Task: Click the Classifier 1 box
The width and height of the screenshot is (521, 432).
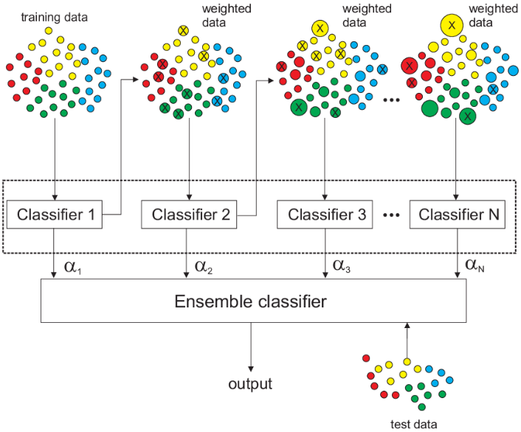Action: pyautogui.click(x=55, y=215)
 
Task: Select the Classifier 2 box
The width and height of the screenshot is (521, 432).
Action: pyautogui.click(x=189, y=215)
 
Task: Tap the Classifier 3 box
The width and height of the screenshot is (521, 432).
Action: pyautogui.click(x=325, y=215)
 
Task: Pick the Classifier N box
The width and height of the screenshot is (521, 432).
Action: pyautogui.click(x=458, y=215)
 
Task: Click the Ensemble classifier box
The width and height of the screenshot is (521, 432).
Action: pyautogui.click(x=254, y=301)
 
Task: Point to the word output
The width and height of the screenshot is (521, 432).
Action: pyautogui.click(x=250, y=384)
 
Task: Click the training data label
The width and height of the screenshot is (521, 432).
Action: pyautogui.click(x=55, y=17)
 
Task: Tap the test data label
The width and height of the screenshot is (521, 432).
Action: pyautogui.click(x=414, y=424)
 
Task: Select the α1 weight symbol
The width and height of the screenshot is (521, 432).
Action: pyautogui.click(x=73, y=266)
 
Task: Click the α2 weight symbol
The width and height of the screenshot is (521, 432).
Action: pyautogui.click(x=204, y=266)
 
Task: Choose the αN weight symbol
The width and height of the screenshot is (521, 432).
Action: pyautogui.click(x=475, y=265)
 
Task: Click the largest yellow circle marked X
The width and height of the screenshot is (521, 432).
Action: pyautogui.click(x=452, y=25)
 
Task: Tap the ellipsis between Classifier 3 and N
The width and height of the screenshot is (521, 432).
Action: pyautogui.click(x=391, y=215)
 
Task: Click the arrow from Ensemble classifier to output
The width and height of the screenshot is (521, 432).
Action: pyautogui.click(x=251, y=347)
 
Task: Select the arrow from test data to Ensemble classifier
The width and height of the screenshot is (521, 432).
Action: pyautogui.click(x=407, y=341)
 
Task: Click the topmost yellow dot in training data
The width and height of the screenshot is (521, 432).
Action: pyautogui.click(x=49, y=31)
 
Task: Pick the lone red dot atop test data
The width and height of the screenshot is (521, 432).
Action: pyautogui.click(x=366, y=358)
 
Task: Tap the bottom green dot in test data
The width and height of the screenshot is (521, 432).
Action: pyautogui.click(x=422, y=407)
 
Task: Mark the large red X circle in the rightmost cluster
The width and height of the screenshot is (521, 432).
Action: pyautogui.click(x=410, y=66)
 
